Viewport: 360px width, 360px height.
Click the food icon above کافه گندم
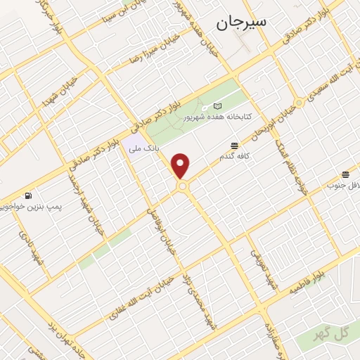coord(233,146)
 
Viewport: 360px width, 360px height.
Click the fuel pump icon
coord(27,195)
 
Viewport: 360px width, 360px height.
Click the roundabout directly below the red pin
coord(183,186)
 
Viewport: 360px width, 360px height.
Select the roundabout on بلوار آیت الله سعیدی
coord(300,103)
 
